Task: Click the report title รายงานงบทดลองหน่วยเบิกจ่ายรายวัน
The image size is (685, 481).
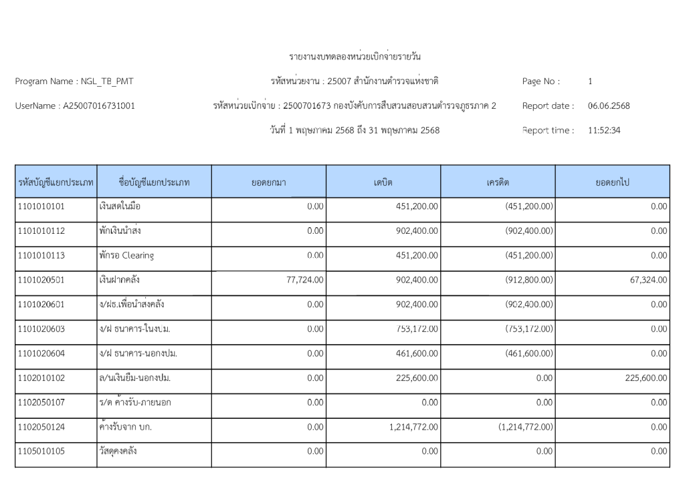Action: [x=355, y=57]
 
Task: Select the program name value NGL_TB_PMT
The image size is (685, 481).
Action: [x=107, y=82]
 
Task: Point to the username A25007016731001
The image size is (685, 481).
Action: [x=99, y=106]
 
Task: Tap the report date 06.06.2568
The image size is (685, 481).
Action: [x=609, y=106]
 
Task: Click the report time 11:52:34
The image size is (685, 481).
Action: [x=604, y=130]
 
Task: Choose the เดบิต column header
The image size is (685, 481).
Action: [x=383, y=182]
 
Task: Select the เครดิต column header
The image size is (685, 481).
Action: [x=498, y=182]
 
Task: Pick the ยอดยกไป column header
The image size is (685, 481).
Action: [x=612, y=182]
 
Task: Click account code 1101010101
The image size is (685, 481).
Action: [x=41, y=206]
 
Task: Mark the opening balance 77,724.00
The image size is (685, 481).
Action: [x=305, y=280]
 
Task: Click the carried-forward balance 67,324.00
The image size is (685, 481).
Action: [x=648, y=280]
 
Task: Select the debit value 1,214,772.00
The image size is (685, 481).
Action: [x=413, y=427]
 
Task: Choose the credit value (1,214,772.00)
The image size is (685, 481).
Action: [x=526, y=427]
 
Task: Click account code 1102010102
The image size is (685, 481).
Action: [x=41, y=378]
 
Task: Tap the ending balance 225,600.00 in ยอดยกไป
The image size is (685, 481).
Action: [x=646, y=378]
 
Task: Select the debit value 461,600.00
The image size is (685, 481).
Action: [x=417, y=353]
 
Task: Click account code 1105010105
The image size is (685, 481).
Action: [x=41, y=452]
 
